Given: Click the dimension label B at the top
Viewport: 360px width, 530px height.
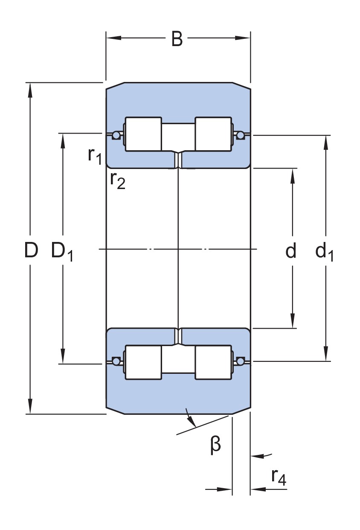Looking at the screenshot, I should coord(177,39).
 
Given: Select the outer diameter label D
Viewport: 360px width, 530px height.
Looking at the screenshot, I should coord(31,250).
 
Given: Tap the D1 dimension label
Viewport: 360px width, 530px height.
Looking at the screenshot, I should coord(62,251).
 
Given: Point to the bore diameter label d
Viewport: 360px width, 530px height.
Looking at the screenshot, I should coord(290,251).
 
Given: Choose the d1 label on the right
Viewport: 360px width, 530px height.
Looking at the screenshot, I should coord(325,252).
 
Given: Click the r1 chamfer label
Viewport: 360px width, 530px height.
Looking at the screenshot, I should coord(95,155).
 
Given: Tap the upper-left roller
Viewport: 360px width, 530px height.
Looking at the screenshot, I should coord(143,134).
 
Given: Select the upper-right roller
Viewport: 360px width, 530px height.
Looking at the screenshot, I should coord(213,134).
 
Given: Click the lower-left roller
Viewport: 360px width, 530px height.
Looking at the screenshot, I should coord(143,362).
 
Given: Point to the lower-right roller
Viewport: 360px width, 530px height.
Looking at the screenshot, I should coord(213,362).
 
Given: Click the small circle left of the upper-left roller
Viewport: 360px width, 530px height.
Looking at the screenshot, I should coord(116,136).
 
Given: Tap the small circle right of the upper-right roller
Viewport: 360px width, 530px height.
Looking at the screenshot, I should coord(241,136).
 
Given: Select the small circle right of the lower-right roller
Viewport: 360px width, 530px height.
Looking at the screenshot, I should coord(241,361).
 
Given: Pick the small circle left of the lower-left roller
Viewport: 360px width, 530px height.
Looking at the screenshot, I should coord(116,361).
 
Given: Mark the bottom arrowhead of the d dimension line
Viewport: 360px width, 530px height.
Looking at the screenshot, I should coord(293,322).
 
